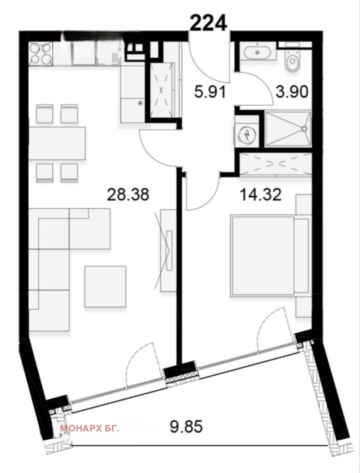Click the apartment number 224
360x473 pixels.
208,23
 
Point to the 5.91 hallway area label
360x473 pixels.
210,92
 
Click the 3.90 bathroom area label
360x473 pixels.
292,92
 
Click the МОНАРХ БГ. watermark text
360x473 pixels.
90,428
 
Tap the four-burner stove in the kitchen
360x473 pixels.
41,54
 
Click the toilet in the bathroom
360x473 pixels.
293,59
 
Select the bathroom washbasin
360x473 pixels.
257,52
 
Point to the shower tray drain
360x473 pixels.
304,129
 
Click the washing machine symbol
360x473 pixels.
247,135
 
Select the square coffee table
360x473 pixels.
105,286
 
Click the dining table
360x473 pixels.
57,143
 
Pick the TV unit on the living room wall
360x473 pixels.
168,250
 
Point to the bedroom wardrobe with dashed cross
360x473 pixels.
275,164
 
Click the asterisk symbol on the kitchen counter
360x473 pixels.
140,103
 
